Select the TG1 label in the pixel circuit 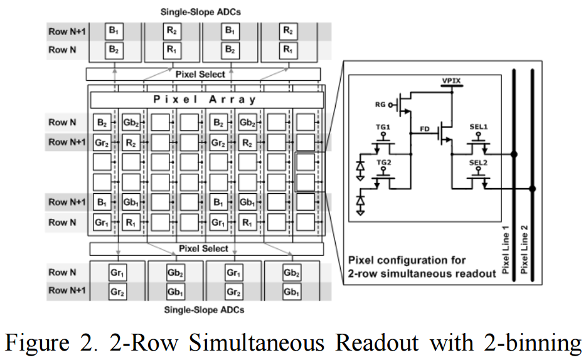point(383,127)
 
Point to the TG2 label point(383,162)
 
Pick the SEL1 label point(479,127)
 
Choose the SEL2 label point(479,162)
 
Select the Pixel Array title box point(207,100)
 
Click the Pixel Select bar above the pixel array point(201,74)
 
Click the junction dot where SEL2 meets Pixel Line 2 point(533,189)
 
